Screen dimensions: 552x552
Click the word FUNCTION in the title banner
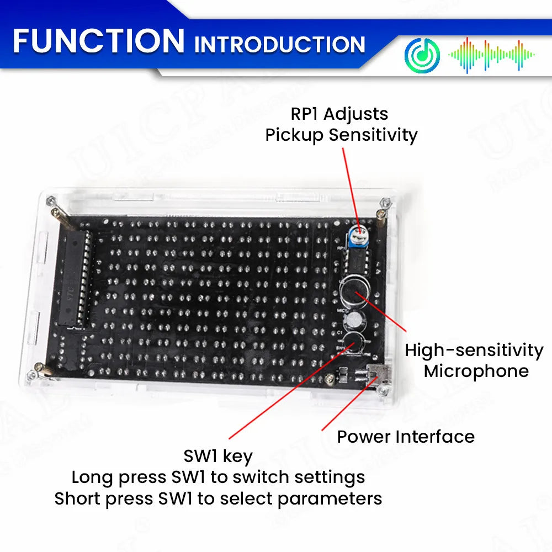click(x=98, y=41)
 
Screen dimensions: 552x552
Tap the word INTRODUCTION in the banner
click(x=279, y=44)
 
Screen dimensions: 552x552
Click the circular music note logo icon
click(x=422, y=55)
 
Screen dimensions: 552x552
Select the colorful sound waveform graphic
click(x=491, y=55)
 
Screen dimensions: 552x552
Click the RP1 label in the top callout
click(x=305, y=114)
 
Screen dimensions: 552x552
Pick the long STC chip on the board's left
click(x=77, y=279)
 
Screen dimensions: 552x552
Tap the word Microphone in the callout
click(x=476, y=371)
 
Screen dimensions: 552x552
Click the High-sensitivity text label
click(x=474, y=351)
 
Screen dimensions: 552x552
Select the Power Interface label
click(x=406, y=437)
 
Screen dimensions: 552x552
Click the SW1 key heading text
click(x=218, y=457)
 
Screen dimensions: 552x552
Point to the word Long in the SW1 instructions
click(x=92, y=477)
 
